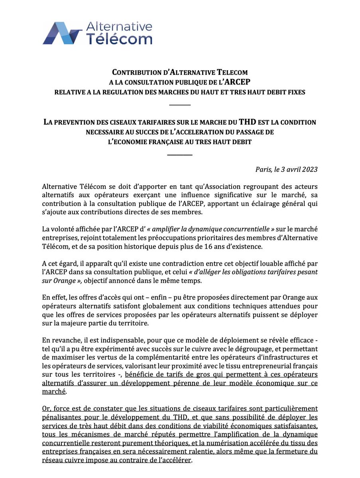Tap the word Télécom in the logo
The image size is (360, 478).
pos(120,39)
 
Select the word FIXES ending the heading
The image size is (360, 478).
pos(294,92)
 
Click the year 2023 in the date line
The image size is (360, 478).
pos(309,169)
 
